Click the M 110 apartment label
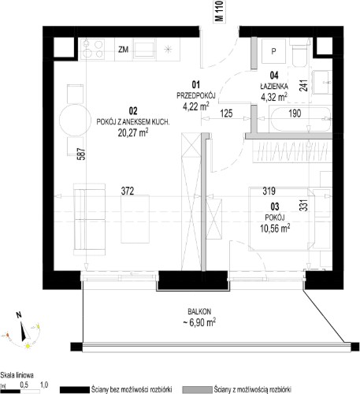pos(220,11)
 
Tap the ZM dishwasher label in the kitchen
pos(123,50)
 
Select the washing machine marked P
pos(273,51)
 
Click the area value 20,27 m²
pos(133,132)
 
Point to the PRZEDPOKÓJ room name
pos(196,95)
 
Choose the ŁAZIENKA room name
pos(274,86)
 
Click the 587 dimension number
pos(82,154)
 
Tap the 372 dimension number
pos(128,191)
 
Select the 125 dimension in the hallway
pos(226,113)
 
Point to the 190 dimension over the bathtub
pos(295,113)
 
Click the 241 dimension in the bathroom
pos(303,85)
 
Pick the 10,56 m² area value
pos(275,228)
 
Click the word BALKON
pos(199,311)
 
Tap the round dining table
pos(74,121)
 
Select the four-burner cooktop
pos(92,49)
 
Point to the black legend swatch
pos(75,389)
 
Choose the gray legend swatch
pos(197,389)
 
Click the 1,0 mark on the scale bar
pos(44,385)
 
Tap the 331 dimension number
pos(303,205)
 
